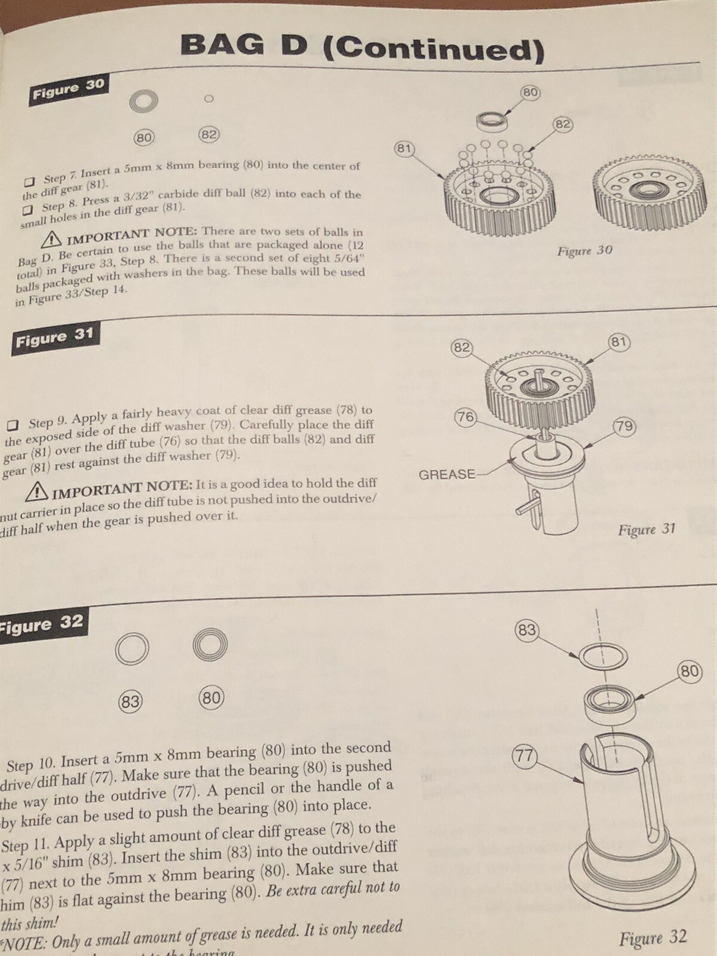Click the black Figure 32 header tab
42,624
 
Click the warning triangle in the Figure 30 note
53,239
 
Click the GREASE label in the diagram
447,475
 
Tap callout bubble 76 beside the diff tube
465,417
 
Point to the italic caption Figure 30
584,250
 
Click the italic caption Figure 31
646,529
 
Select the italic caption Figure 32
652,937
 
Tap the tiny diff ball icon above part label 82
209,99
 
